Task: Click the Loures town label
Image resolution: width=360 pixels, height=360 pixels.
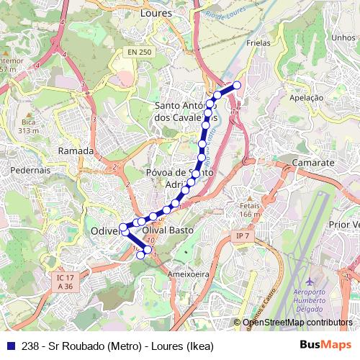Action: coord(156,12)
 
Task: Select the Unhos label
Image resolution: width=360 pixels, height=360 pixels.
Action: coord(343,37)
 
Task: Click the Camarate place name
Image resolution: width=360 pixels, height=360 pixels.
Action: coord(313,163)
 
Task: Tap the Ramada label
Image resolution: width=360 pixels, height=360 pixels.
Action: coord(76,151)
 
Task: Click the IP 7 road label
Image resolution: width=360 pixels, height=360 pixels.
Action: coord(242,236)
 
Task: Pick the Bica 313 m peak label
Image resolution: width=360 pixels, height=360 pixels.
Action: coord(28,127)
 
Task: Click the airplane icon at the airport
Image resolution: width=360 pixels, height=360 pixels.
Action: coord(310,280)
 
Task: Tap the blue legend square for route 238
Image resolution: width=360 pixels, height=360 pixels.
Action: coord(10,346)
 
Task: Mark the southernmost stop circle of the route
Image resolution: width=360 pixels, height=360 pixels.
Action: coord(141,255)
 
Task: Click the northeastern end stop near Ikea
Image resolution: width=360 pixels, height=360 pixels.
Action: coord(235,86)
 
